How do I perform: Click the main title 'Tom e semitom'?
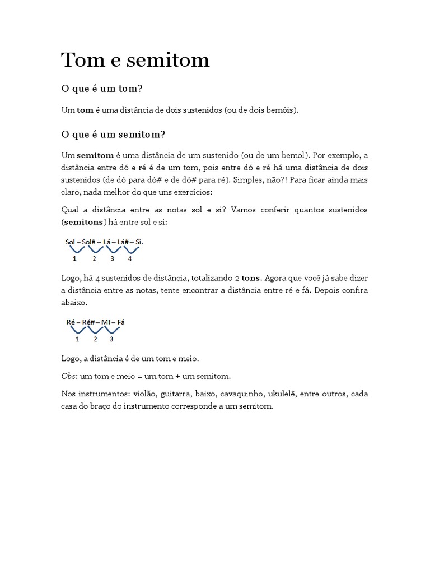click(135, 60)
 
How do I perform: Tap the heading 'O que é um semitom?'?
click(113, 135)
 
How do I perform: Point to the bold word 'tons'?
click(251, 277)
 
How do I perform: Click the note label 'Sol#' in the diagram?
click(90, 242)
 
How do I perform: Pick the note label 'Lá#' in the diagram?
click(124, 242)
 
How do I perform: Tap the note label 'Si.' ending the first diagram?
click(139, 242)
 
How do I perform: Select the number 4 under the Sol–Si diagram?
click(130, 258)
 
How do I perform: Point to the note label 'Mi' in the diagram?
click(106, 322)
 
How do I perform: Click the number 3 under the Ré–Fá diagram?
click(111, 339)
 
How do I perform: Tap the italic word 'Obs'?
click(68, 375)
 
